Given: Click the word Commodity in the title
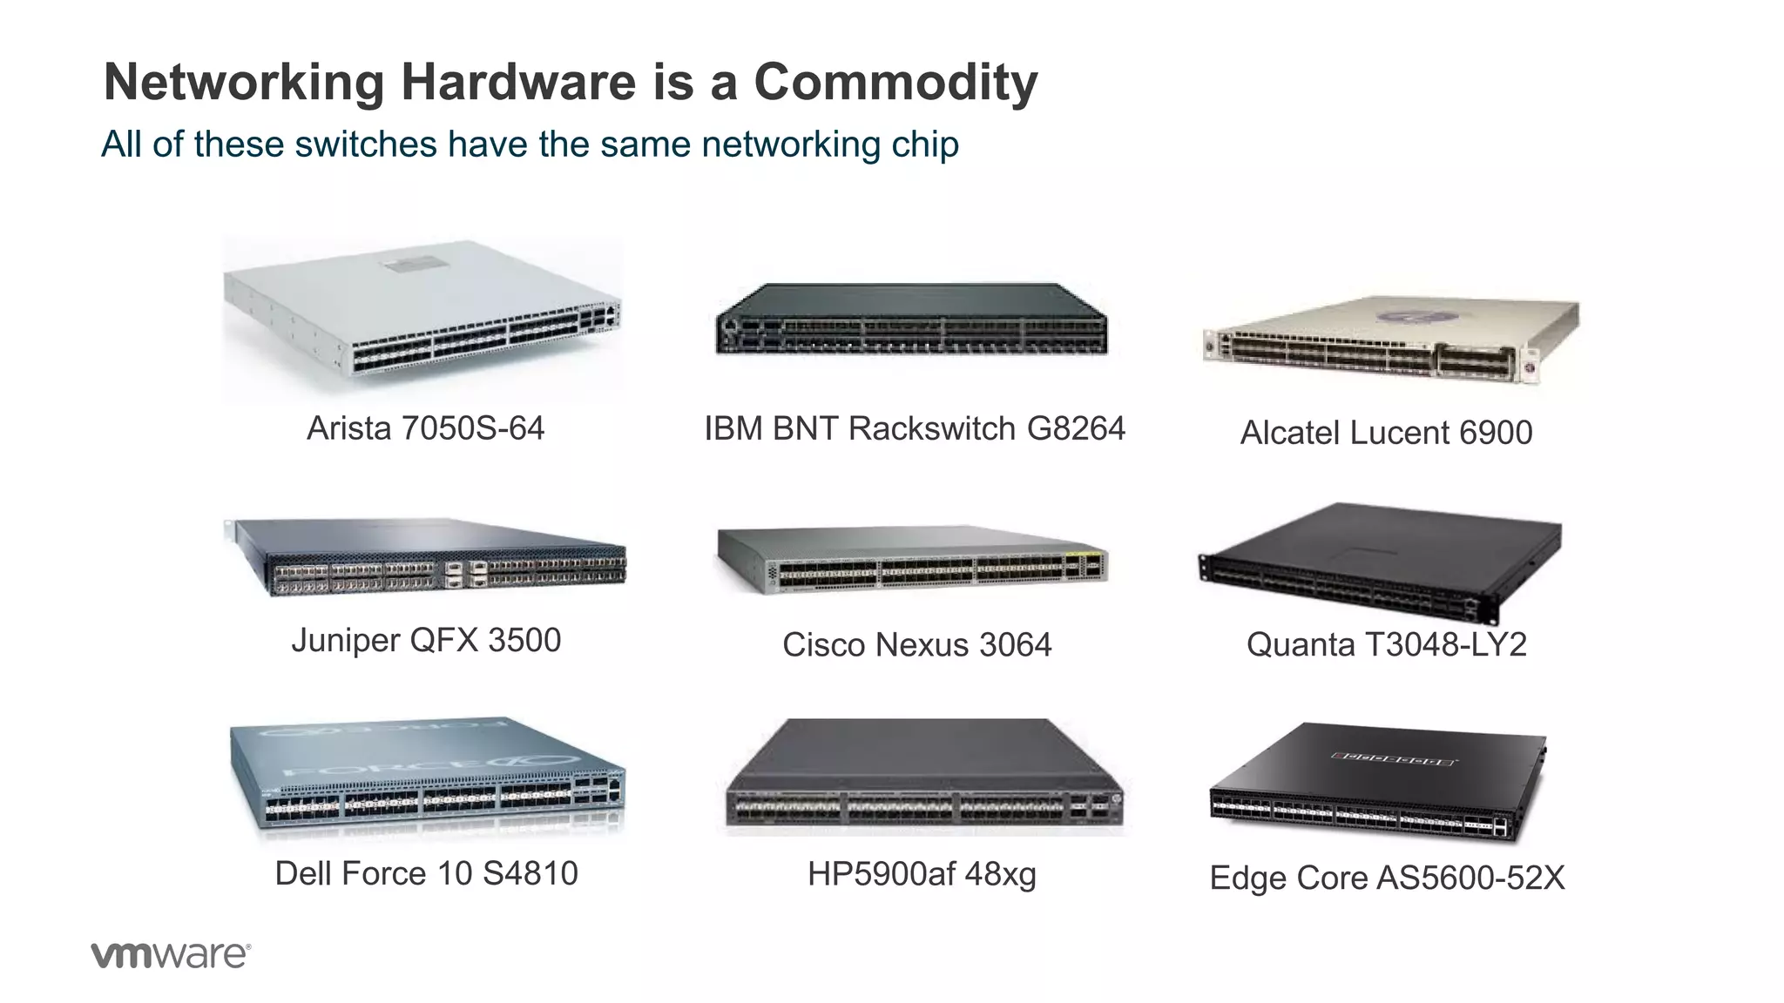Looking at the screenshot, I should pyautogui.click(x=895, y=83).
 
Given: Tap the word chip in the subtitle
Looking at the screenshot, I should pyautogui.click(x=925, y=145).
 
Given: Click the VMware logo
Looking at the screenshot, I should pyautogui.click(x=171, y=954).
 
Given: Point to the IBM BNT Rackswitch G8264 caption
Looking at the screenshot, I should pyautogui.click(x=915, y=428).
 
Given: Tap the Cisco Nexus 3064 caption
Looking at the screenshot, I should pyautogui.click(x=916, y=645).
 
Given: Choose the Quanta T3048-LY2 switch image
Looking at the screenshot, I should pyautogui.click(x=1380, y=561).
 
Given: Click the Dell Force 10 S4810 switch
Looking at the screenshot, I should pyautogui.click(x=427, y=777).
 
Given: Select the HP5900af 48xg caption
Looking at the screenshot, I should pyautogui.click(x=922, y=874).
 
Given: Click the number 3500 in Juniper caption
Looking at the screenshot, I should pyautogui.click(x=524, y=641).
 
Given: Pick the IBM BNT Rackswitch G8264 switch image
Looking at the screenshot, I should pyautogui.click(x=911, y=320).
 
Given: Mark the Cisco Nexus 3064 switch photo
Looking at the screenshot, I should pyautogui.click(x=911, y=560).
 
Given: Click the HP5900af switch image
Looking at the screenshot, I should pyautogui.click(x=923, y=775).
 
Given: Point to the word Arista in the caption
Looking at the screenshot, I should pyautogui.click(x=349, y=428).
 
